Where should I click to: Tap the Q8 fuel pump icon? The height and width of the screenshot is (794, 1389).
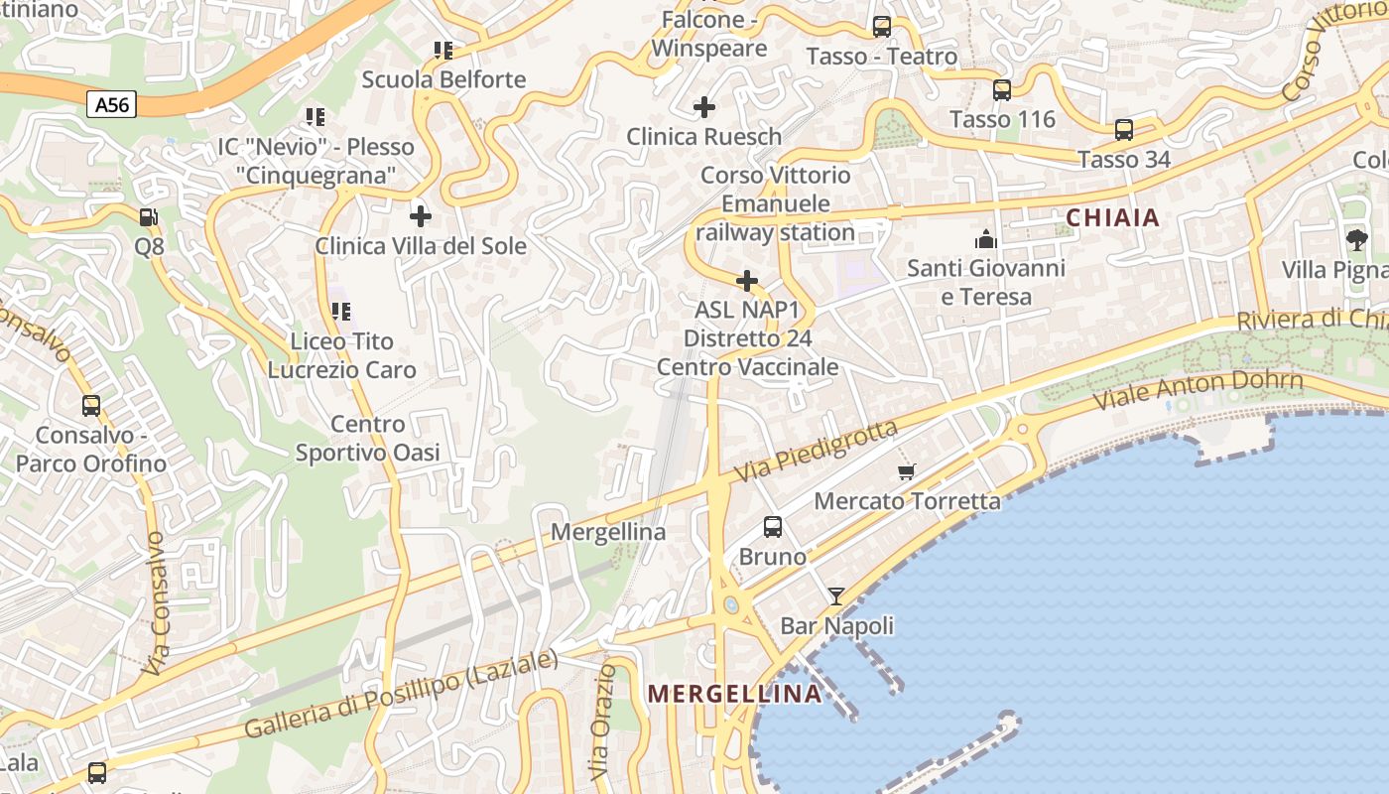coord(148,216)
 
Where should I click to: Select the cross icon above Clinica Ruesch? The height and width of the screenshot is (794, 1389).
coord(704,107)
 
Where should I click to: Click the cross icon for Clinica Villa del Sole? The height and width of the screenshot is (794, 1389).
coord(421,215)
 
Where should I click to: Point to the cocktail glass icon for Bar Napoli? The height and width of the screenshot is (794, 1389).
coord(836,596)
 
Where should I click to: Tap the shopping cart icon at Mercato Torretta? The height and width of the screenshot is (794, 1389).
coord(906,472)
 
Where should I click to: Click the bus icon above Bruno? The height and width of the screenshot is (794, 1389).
coord(773,527)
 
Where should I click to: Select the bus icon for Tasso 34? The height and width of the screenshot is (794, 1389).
coord(1124,130)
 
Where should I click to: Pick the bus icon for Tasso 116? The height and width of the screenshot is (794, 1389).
coord(1002,90)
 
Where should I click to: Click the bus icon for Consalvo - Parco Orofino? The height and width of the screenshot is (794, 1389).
coord(91,406)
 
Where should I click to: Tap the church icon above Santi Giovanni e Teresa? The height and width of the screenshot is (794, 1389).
coord(986,239)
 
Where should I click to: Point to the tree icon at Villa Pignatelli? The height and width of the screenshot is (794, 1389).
coord(1356,239)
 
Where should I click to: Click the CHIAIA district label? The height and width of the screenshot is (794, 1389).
coord(1112,217)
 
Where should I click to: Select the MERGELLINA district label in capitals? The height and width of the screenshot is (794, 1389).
coord(734,694)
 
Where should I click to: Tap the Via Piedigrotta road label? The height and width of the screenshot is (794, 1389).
coord(817,452)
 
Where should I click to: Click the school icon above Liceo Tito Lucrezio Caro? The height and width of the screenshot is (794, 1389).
coord(341,312)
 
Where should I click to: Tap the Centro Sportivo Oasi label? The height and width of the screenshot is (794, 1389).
coord(368,439)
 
